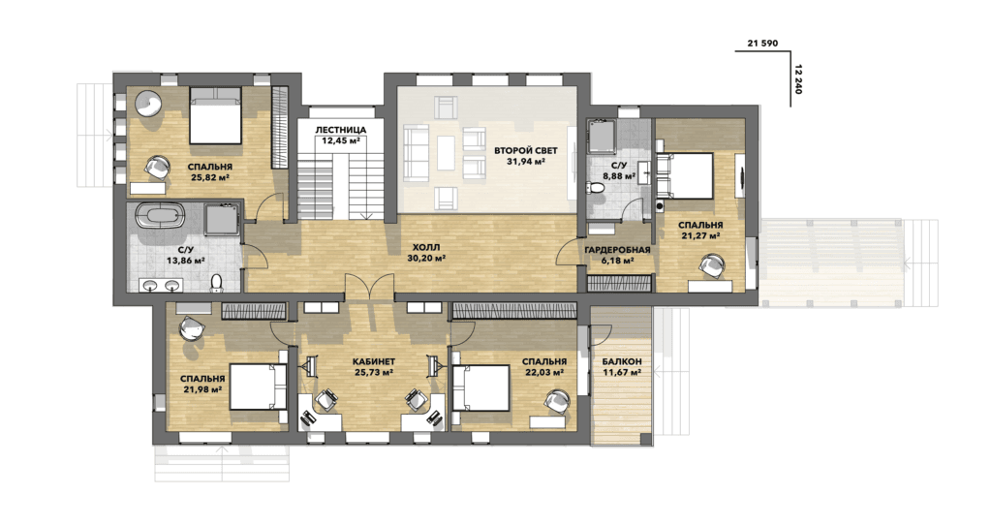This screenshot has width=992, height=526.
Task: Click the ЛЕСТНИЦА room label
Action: click(340, 130)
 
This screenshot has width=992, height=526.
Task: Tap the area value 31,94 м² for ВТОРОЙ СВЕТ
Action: click(526, 162)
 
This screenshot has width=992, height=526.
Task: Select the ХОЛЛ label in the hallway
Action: click(425, 247)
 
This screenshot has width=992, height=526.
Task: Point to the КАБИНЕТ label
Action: click(374, 362)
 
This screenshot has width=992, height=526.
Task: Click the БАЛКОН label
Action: click(622, 361)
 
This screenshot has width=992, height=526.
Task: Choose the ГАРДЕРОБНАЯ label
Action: click(617, 250)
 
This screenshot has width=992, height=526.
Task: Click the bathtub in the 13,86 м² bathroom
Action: click(159, 215)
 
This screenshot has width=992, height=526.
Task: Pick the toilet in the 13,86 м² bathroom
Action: click(216, 282)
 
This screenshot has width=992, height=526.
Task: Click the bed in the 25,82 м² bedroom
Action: click(215, 115)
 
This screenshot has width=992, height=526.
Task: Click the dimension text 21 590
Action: click(763, 44)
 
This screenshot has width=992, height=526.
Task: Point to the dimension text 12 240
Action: click(797, 79)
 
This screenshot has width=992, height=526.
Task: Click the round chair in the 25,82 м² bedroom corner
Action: click(149, 105)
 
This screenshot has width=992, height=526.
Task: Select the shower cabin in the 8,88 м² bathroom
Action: click(602, 137)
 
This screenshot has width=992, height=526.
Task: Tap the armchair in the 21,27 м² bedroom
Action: click(715, 265)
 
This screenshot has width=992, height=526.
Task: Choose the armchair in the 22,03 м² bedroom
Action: click(559, 402)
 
